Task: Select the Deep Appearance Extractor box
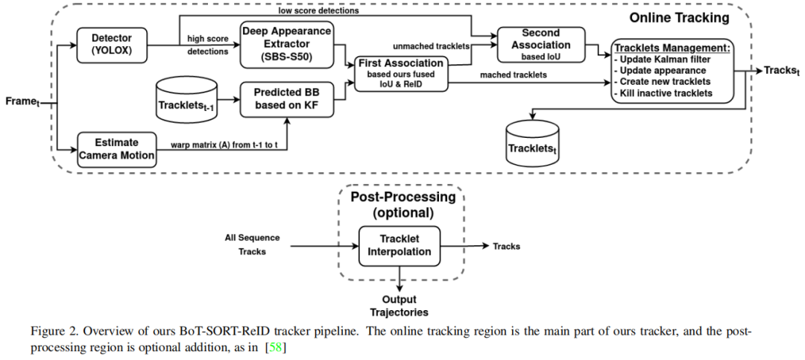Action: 286,42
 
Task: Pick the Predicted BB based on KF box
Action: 286,99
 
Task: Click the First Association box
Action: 400,74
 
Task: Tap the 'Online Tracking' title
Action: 679,17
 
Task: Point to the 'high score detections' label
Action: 208,45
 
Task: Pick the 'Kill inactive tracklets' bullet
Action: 665,92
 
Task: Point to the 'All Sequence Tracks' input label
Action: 252,244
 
